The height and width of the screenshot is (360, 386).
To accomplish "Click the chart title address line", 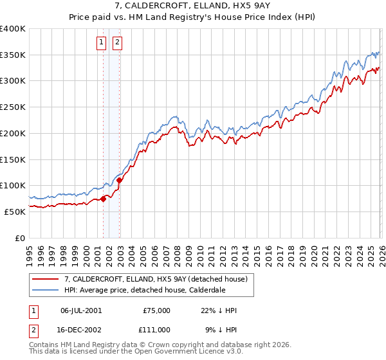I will click(192, 6).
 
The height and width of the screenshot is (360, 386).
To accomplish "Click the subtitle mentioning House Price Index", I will click(192, 17).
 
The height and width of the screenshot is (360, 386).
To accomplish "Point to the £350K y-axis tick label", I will click(13, 55).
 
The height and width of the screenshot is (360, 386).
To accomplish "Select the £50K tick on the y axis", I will click(15, 212).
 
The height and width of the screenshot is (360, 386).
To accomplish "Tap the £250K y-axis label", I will click(13, 107).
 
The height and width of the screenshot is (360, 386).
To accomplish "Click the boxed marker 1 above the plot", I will click(102, 43).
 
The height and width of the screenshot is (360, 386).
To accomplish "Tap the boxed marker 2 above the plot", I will click(118, 43).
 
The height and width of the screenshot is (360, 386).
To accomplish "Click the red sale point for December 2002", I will click(120, 180).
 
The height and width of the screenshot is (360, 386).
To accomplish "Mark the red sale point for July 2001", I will click(103, 199).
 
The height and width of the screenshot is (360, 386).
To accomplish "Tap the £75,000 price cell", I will click(157, 310).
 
